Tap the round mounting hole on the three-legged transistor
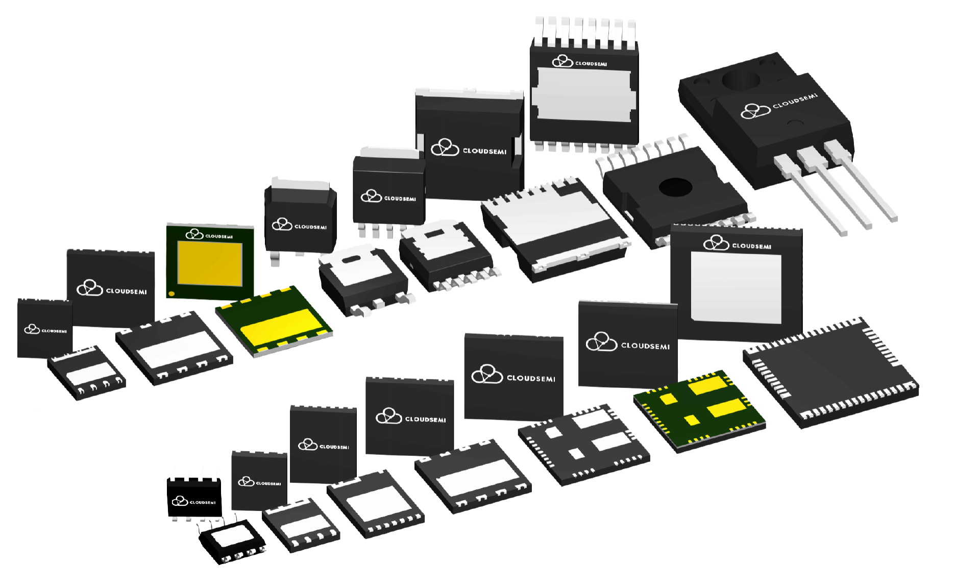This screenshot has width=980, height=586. tap(741, 81)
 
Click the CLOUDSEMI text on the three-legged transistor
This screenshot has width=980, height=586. tap(795, 101)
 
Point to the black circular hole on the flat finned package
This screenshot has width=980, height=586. tap(675, 187)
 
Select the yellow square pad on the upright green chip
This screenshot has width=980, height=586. tap(210, 264)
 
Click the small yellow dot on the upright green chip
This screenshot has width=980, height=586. tap(171, 294)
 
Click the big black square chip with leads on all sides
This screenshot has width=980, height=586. tap(831, 373)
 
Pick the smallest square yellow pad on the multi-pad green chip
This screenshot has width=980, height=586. tap(692, 420)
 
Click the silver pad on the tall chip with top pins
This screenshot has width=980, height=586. tap(584, 95)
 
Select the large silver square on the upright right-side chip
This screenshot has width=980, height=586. tap(736, 287)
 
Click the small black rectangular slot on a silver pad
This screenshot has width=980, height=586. tap(435, 233)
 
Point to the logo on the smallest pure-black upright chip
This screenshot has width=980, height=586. tap(180, 501)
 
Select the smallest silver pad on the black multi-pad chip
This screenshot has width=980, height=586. tap(575, 453)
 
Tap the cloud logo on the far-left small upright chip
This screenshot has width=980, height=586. tap(32, 329)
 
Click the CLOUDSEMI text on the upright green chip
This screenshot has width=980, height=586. tap(219, 236)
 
